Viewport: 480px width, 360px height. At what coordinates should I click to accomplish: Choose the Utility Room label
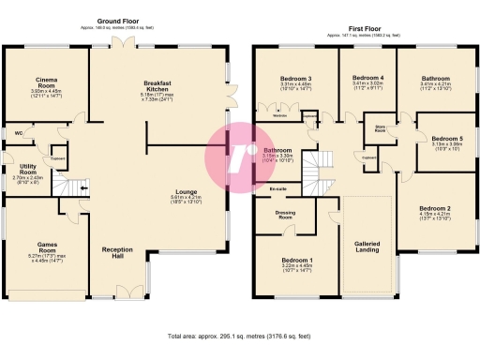27,169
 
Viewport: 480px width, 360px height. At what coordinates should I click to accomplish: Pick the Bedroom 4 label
367,78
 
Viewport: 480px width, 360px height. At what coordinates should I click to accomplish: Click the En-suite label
277,189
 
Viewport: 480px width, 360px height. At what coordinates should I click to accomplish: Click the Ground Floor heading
117,20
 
